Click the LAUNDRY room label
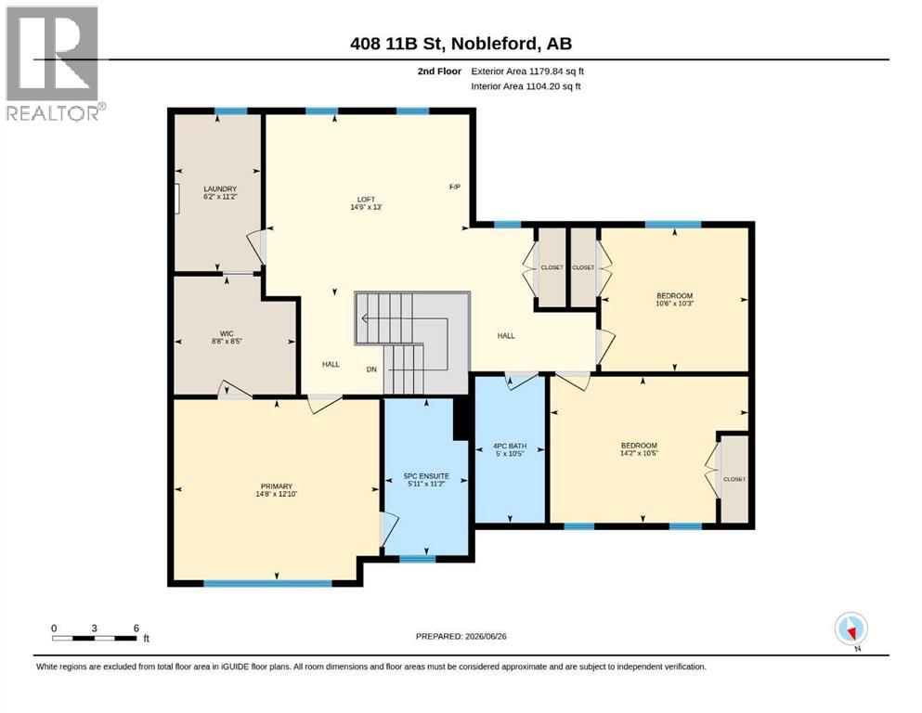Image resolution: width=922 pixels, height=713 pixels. pyautogui.click(x=220, y=188)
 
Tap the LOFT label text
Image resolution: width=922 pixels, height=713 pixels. pyautogui.click(x=366, y=200)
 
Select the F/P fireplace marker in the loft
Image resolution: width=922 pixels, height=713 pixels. pyautogui.click(x=455, y=187)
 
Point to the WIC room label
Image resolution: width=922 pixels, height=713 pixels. pyautogui.click(x=227, y=333)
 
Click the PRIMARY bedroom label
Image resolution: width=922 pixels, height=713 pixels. pyautogui.click(x=277, y=486)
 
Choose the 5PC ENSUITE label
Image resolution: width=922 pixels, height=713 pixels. pyautogui.click(x=426, y=476)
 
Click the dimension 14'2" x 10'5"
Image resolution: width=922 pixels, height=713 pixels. pyautogui.click(x=639, y=453)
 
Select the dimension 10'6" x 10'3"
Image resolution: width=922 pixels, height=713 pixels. pyautogui.click(x=674, y=304)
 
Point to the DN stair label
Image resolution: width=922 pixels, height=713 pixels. pyautogui.click(x=371, y=369)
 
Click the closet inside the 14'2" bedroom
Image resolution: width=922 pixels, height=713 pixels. pyautogui.click(x=734, y=479)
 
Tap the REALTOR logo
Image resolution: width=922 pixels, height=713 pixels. pyautogui.click(x=55, y=63)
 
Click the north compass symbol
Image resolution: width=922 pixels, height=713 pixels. pyautogui.click(x=851, y=629)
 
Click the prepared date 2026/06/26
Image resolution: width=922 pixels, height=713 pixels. pyautogui.click(x=486, y=636)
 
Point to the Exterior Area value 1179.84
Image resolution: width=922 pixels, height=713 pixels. pyautogui.click(x=547, y=71)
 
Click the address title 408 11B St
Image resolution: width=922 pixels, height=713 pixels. pyautogui.click(x=398, y=44)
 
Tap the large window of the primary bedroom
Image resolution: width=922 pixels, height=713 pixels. pyautogui.click(x=267, y=584)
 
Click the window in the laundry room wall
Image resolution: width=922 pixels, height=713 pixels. pyautogui.click(x=230, y=111)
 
